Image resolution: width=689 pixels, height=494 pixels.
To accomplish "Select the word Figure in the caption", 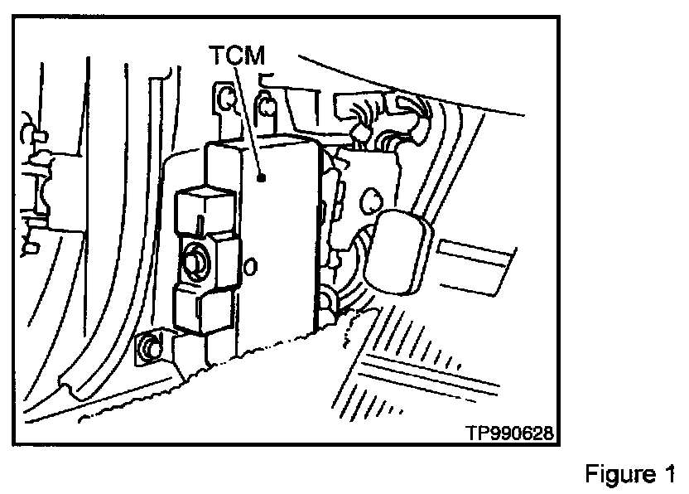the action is (x=619, y=475).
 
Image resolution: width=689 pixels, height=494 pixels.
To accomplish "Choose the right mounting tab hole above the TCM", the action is (x=267, y=105).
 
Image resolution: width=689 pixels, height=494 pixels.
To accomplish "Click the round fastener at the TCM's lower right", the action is (x=325, y=299).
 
